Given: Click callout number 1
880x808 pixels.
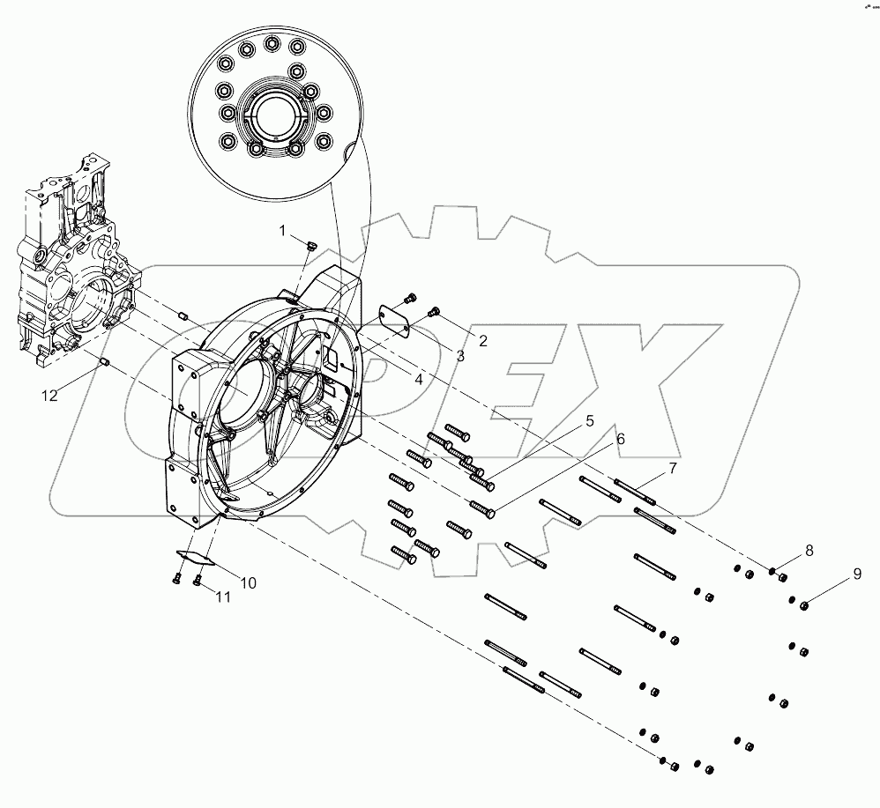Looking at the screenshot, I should [283, 231].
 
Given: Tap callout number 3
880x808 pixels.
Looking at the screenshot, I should [459, 355].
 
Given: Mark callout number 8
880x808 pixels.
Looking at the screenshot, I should [808, 551].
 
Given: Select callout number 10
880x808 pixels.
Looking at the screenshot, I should [249, 582].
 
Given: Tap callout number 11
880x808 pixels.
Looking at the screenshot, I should [223, 597].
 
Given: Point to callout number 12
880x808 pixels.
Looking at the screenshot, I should [50, 396].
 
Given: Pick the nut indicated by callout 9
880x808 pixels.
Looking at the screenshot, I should [804, 604].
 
